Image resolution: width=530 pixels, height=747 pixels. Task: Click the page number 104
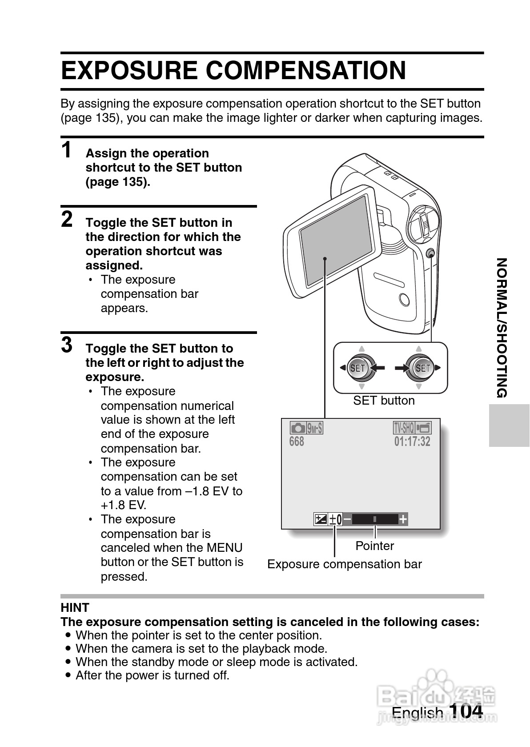click(x=466, y=711)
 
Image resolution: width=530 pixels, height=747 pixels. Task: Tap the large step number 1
click(x=67, y=150)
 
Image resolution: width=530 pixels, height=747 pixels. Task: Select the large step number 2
click(x=67, y=219)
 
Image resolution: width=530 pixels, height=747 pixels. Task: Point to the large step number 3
click(x=67, y=345)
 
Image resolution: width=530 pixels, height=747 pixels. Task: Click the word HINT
click(x=75, y=607)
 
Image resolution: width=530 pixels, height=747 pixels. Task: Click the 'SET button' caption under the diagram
click(x=384, y=401)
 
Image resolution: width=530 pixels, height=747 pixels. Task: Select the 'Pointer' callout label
click(x=374, y=546)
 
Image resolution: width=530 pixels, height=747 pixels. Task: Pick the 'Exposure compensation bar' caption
click(x=344, y=564)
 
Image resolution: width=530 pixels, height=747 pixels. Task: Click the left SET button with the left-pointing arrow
click(x=358, y=368)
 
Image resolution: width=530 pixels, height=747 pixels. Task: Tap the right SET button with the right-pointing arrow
click(x=422, y=368)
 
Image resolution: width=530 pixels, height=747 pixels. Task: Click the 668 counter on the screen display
click(x=297, y=442)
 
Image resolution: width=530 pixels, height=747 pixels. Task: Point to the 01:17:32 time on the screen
click(x=412, y=442)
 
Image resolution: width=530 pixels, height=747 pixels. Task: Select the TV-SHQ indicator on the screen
click(x=404, y=428)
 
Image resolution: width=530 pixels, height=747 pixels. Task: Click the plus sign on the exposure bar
click(x=403, y=519)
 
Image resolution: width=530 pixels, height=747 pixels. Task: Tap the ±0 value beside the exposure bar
click(x=336, y=519)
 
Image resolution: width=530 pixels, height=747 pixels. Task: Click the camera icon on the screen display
click(x=298, y=428)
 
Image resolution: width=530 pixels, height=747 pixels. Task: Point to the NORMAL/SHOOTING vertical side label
click(x=502, y=328)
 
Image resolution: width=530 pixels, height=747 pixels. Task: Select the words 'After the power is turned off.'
click(x=152, y=675)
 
